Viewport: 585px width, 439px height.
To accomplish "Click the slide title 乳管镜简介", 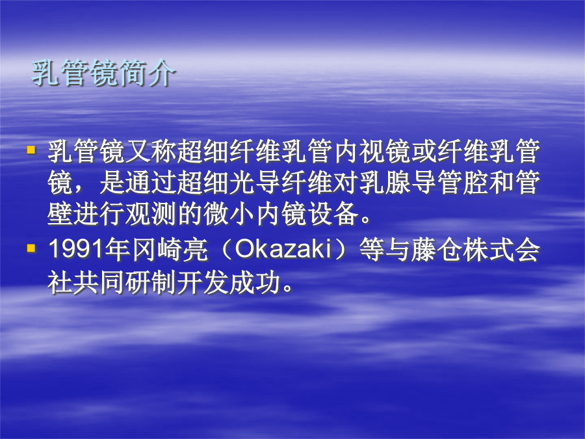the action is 103,73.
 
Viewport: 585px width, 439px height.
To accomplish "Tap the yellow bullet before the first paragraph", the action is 31,150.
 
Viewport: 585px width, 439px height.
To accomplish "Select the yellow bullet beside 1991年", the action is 31,248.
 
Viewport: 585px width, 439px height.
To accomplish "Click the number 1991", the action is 76,249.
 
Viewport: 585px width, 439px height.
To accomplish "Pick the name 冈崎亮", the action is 169,249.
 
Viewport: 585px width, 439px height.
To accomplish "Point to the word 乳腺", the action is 384,183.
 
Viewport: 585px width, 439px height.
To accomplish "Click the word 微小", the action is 229,214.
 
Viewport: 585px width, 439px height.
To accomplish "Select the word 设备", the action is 332,214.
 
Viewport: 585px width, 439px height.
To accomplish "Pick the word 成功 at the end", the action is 254,282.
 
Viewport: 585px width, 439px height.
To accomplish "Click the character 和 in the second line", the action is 501,183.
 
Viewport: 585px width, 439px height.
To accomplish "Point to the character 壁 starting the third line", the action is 60,214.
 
